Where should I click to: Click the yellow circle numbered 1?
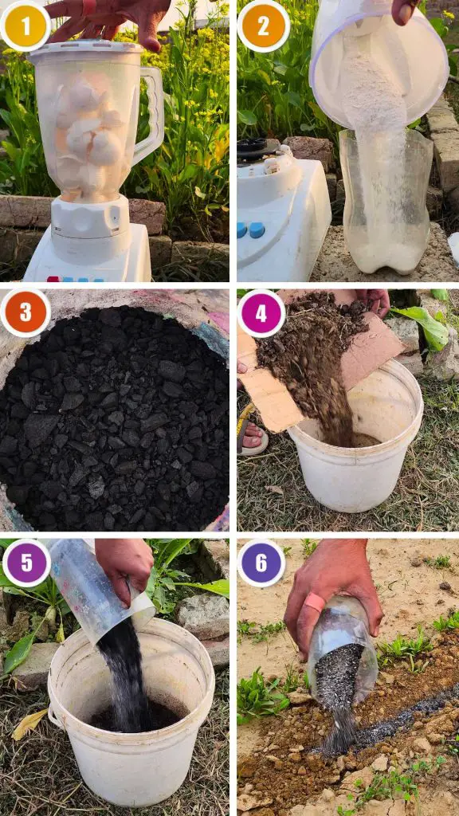coord(25,25)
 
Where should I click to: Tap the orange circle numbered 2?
coord(263,26)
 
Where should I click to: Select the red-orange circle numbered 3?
coord(25,312)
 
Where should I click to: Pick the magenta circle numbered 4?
coord(261,313)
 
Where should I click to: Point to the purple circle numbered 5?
coord(26,563)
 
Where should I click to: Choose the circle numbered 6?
coord(261,563)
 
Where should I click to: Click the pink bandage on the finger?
coord(315,602)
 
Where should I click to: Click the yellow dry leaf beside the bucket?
coord(29,724)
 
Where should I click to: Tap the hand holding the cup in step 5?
coord(125,568)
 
